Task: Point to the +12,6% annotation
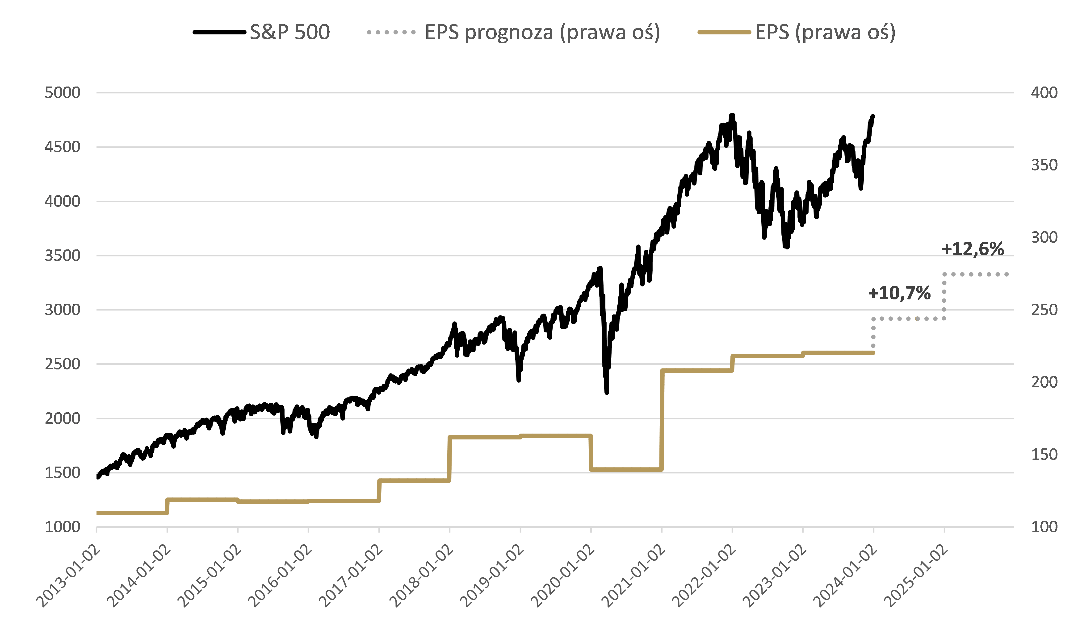[x=973, y=249]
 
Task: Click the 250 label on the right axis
[x=1044, y=310]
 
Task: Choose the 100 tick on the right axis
[x=1044, y=527]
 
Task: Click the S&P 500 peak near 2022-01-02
[x=733, y=115]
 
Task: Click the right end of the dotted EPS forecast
[x=1007, y=274]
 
